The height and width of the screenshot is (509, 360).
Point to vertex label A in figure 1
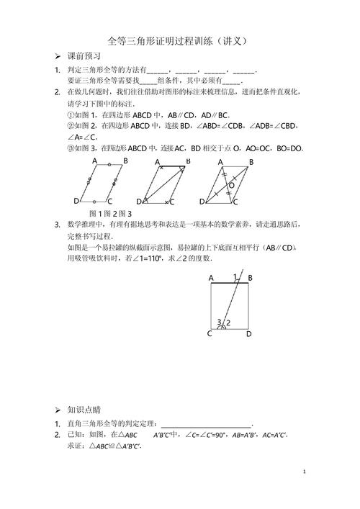(95, 162)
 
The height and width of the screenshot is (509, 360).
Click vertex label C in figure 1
(109, 201)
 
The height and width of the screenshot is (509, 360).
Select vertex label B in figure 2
(187, 161)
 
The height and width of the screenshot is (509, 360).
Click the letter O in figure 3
(231, 185)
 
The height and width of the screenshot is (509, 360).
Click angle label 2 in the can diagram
(228, 323)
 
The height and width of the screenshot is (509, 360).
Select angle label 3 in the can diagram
(219, 322)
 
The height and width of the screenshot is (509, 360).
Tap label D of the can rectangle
(249, 334)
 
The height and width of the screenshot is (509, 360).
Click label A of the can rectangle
(211, 277)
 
